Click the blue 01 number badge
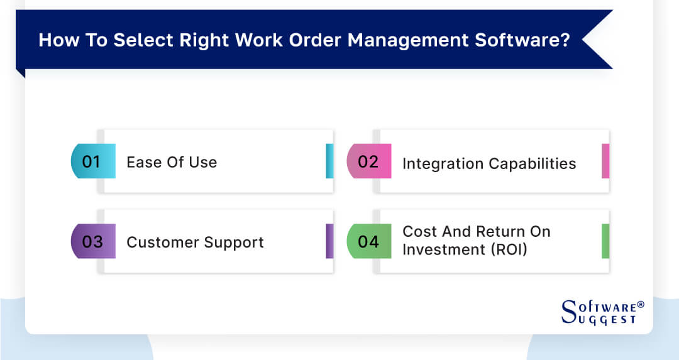[x=93, y=161]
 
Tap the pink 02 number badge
[x=369, y=161]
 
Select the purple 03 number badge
[x=93, y=241]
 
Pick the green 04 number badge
[x=369, y=241]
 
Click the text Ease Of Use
[x=172, y=162]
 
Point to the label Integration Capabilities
[x=489, y=164]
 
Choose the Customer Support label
[x=195, y=243]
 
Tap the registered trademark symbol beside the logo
[x=641, y=305]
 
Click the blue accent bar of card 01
[x=329, y=161]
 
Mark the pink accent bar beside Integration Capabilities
[x=605, y=161]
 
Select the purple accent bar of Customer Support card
[x=329, y=241]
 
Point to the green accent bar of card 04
[x=605, y=241]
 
